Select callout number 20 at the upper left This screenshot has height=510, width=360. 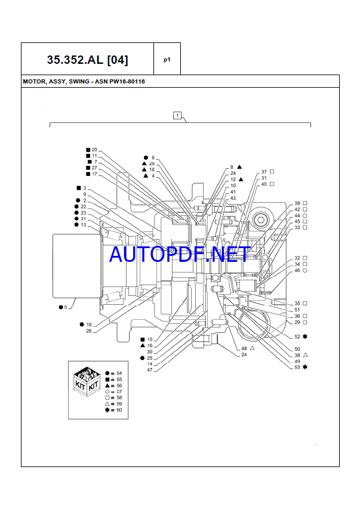coord(94,149)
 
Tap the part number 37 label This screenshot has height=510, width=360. coord(264,172)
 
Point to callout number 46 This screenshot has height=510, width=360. coord(297,271)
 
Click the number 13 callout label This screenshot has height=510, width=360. coord(84,225)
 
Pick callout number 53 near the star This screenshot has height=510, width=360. coord(297,367)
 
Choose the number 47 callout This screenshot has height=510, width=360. coord(150,370)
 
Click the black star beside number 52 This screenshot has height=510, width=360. coord(305,337)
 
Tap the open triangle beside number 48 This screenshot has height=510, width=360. coord(253,348)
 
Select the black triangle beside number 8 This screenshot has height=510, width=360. coord(239,167)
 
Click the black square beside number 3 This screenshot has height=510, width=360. coord(78,188)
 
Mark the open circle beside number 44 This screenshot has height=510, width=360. coord(305,215)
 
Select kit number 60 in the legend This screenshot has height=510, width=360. coord(119,410)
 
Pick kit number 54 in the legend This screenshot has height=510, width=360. coord(119,373)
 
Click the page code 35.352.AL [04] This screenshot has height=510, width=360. coord(87,60)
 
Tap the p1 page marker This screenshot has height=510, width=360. coord(167,60)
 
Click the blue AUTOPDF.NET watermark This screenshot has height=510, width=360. coord(180,254)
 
